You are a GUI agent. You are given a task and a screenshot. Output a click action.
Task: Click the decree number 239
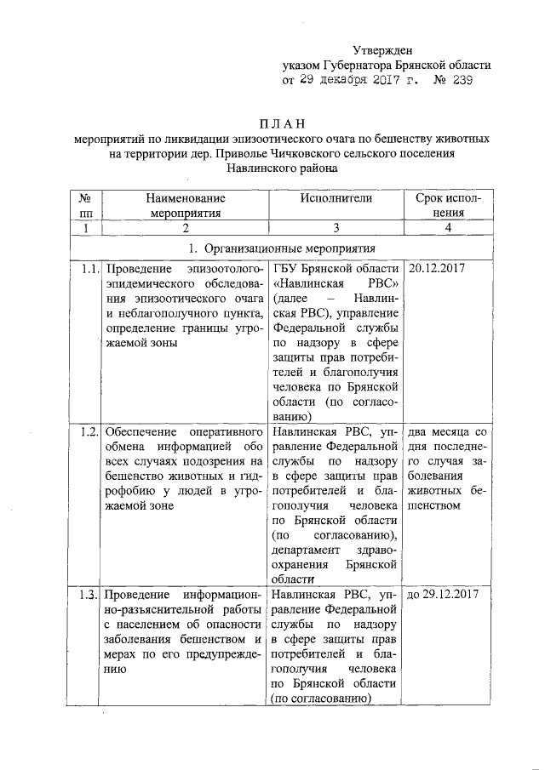[x=454, y=79]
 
